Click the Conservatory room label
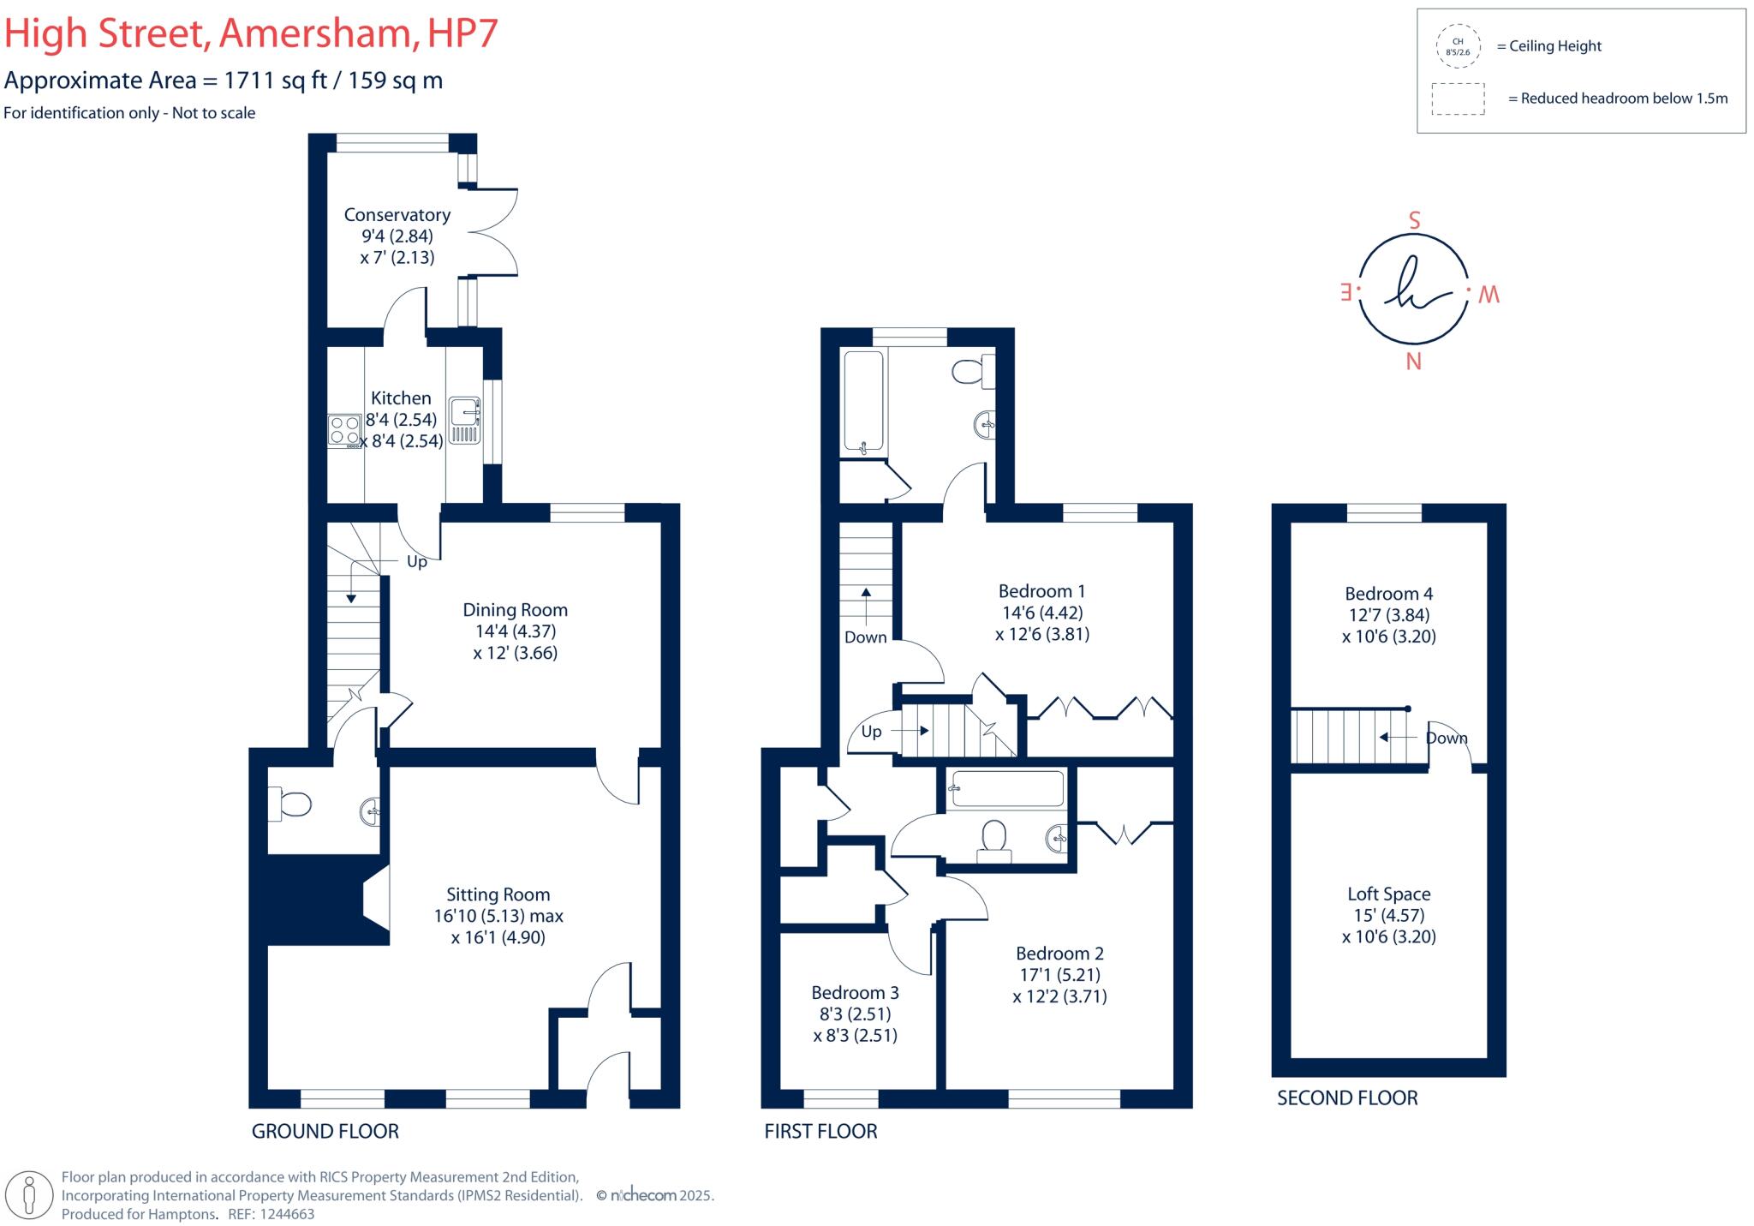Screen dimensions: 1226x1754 pyautogui.click(x=397, y=215)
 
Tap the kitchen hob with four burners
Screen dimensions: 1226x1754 pyautogui.click(x=344, y=431)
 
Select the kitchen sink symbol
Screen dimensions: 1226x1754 pyautogui.click(x=465, y=420)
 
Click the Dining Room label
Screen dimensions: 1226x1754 pyautogui.click(x=515, y=610)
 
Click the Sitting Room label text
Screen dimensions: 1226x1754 pyautogui.click(x=498, y=894)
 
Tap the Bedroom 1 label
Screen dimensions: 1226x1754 pyautogui.click(x=1041, y=591)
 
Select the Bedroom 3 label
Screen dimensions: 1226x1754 pyautogui.click(x=855, y=992)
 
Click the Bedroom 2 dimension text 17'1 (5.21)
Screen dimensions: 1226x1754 pyautogui.click(x=1059, y=975)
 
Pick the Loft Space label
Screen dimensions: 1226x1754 pyautogui.click(x=1388, y=894)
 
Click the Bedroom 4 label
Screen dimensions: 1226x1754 pyautogui.click(x=1388, y=594)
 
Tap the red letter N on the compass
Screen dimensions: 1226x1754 pyautogui.click(x=1413, y=362)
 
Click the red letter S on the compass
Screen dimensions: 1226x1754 pyautogui.click(x=1414, y=221)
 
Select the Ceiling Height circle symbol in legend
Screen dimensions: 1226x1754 pyautogui.click(x=1458, y=46)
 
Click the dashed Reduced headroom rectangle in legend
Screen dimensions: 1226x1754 pyautogui.click(x=1458, y=99)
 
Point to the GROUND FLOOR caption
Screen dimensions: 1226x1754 pyautogui.click(x=325, y=1131)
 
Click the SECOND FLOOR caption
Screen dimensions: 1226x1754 pyautogui.click(x=1347, y=1097)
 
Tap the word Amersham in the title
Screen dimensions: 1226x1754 pyautogui.click(x=315, y=33)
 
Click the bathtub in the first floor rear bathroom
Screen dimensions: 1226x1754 pyautogui.click(x=863, y=401)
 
